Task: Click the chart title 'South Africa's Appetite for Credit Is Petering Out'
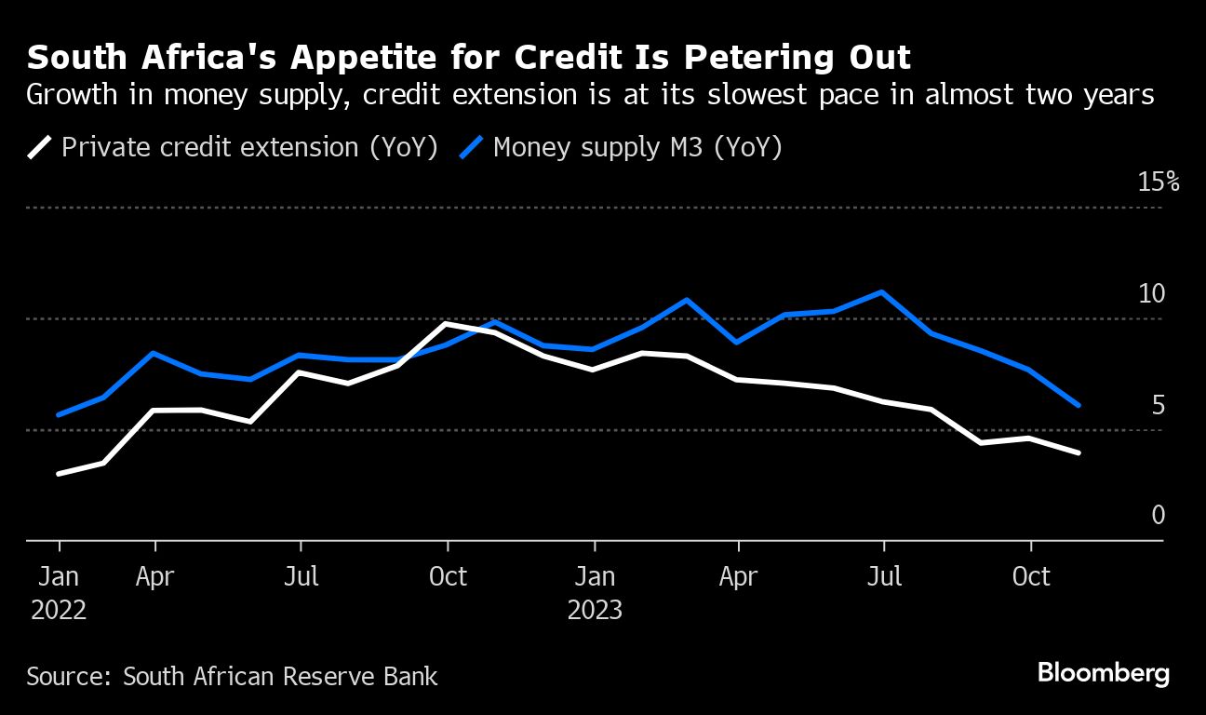tap(469, 58)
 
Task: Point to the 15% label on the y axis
tap(1159, 182)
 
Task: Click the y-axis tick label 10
tap(1152, 294)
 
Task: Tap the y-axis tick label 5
tap(1158, 406)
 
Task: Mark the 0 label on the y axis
tap(1158, 515)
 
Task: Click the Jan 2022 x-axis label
tap(59, 593)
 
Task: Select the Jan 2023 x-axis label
tap(594, 593)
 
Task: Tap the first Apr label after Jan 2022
tap(154, 577)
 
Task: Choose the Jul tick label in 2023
tap(884, 577)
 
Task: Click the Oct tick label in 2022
tap(448, 577)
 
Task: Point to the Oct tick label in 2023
tap(1030, 577)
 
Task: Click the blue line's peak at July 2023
tap(881, 292)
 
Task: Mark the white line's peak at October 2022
tap(448, 324)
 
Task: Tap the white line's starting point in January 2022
tap(59, 474)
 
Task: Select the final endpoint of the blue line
tap(1079, 405)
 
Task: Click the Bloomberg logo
tap(1103, 673)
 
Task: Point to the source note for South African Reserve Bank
tap(232, 676)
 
